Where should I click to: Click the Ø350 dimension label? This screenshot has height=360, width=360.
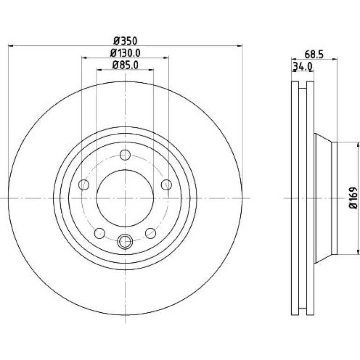click(x=125, y=41)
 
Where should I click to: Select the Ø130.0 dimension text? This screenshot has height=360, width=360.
click(x=125, y=53)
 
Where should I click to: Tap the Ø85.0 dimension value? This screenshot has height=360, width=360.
click(x=125, y=65)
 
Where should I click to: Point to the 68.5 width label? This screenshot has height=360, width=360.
click(x=314, y=55)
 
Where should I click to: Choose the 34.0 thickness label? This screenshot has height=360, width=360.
click(x=303, y=67)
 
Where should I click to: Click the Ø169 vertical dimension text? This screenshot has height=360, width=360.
click(x=353, y=198)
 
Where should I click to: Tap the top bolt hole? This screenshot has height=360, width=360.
click(x=125, y=155)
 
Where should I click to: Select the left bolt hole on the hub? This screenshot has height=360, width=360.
click(x=84, y=185)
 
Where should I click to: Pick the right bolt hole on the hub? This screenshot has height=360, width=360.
click(x=166, y=185)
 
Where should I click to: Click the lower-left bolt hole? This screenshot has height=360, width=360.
click(x=100, y=233)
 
